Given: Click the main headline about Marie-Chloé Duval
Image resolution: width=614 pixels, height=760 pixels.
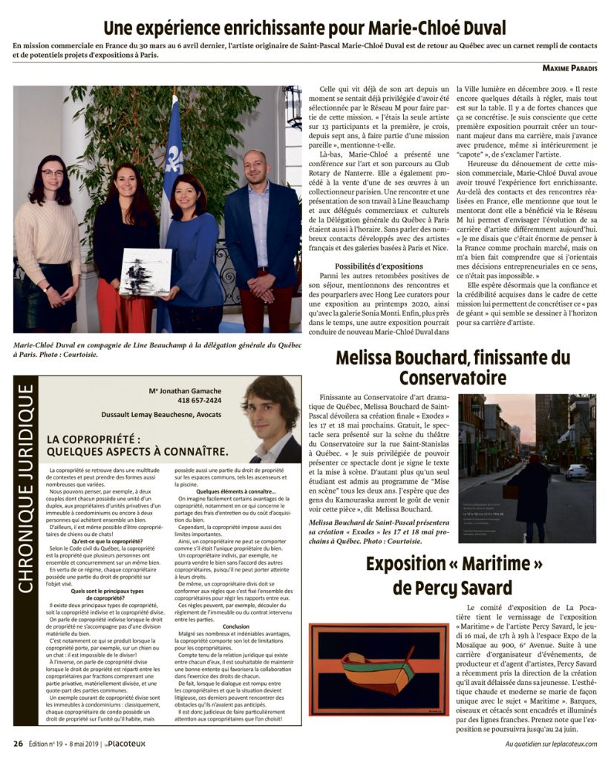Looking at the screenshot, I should [x=304, y=29].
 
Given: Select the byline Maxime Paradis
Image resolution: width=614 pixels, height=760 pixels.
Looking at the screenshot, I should [x=569, y=68].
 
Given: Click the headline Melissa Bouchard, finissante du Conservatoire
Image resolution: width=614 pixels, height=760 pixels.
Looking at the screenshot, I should [x=453, y=367].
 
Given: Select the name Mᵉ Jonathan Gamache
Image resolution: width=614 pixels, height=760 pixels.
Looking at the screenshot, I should [x=184, y=390].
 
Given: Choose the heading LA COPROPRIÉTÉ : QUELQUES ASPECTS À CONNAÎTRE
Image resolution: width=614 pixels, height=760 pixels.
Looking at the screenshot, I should [x=137, y=445].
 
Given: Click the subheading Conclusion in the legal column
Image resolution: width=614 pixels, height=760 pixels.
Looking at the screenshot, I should [x=235, y=626].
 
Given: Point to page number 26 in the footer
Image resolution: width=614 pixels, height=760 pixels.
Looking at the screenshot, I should [x=18, y=743].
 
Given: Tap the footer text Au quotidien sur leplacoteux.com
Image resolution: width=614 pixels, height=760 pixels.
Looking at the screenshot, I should [x=552, y=744].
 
